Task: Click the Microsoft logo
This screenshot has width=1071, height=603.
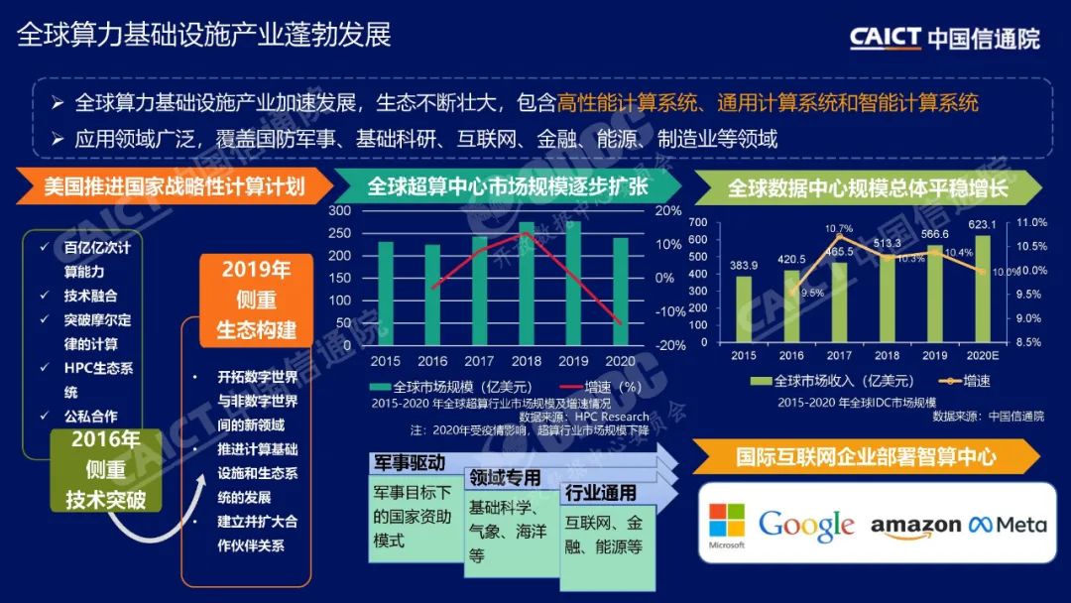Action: (x=726, y=526)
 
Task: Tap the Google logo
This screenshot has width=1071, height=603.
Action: (x=805, y=525)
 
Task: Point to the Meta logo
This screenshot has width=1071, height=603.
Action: (x=1008, y=524)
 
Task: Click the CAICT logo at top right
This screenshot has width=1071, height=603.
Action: (x=944, y=38)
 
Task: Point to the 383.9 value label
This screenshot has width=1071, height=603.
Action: (x=744, y=265)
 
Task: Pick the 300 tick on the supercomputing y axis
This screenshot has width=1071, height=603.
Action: (x=339, y=211)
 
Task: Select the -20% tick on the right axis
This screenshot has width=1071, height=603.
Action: (x=671, y=345)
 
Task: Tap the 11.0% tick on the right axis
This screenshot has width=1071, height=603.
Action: (x=1032, y=223)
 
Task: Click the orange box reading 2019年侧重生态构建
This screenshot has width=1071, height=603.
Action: (x=256, y=300)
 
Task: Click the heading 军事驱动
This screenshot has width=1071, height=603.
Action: (x=409, y=463)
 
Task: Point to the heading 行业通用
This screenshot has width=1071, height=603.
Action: (x=601, y=494)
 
